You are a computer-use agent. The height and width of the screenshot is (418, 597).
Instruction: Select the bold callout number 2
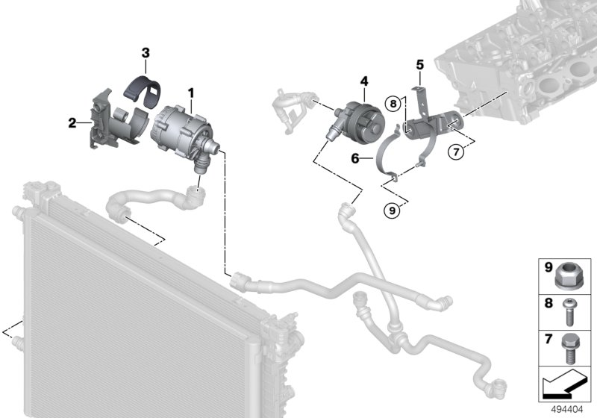(72, 123)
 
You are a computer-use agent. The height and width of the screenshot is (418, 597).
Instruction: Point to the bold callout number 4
(364, 79)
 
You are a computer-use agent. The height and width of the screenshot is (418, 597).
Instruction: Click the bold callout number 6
(355, 158)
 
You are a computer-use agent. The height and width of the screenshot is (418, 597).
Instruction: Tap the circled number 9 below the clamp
(392, 210)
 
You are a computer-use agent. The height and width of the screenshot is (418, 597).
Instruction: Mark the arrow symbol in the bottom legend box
(566, 386)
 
